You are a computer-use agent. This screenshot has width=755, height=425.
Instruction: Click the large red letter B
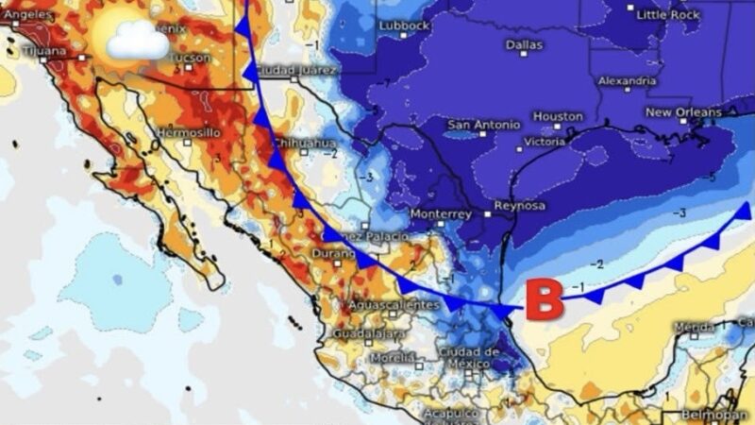coord(544,300)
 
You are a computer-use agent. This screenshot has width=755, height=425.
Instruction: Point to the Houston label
coord(558,116)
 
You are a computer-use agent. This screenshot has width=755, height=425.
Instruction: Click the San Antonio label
coord(483,125)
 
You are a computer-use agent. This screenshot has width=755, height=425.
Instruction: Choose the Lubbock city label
coord(404,25)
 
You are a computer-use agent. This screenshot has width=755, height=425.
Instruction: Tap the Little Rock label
coord(668,14)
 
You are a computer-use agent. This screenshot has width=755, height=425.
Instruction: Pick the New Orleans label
coord(683,112)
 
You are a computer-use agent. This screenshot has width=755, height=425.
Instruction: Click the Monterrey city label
coord(440,214)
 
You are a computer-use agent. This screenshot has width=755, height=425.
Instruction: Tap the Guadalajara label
coord(369,333)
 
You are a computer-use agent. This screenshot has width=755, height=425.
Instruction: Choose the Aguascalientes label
coord(394,305)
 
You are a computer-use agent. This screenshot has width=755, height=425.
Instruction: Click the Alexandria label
coord(626,81)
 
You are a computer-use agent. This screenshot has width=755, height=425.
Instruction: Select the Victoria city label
coord(545,142)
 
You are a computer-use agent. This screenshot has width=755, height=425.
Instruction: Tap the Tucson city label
coord(190,58)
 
